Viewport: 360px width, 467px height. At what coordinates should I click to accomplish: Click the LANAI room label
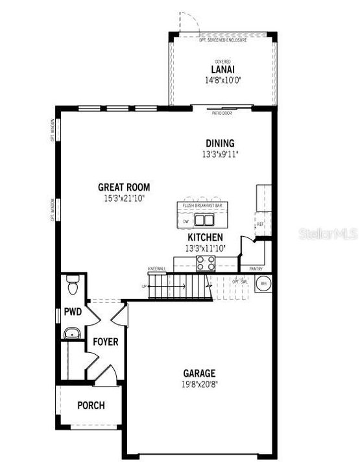pyautogui.click(x=222, y=70)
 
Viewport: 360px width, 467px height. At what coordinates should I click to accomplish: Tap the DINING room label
pyautogui.click(x=220, y=143)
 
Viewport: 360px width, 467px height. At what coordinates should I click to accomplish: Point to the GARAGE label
pyautogui.click(x=199, y=373)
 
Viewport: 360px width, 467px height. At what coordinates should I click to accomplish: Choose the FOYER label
pyautogui.click(x=104, y=342)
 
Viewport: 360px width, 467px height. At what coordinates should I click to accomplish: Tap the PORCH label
pyautogui.click(x=91, y=405)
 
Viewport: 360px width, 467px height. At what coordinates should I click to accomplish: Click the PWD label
pyautogui.click(x=73, y=312)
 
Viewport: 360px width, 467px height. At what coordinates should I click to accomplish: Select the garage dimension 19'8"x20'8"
pyautogui.click(x=199, y=383)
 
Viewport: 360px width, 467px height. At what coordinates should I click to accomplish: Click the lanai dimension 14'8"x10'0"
pyautogui.click(x=222, y=81)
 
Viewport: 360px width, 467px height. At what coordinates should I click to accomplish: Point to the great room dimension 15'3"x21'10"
pyautogui.click(x=122, y=197)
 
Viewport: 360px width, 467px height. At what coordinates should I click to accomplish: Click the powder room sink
pyautogui.click(x=71, y=334)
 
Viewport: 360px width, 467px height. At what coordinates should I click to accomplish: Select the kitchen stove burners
pyautogui.click(x=206, y=263)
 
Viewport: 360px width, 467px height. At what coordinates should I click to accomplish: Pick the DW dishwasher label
pyautogui.click(x=186, y=221)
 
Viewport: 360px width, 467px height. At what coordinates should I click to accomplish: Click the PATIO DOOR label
pyautogui.click(x=222, y=113)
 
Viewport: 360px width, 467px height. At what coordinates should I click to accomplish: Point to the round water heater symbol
pyautogui.click(x=264, y=283)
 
